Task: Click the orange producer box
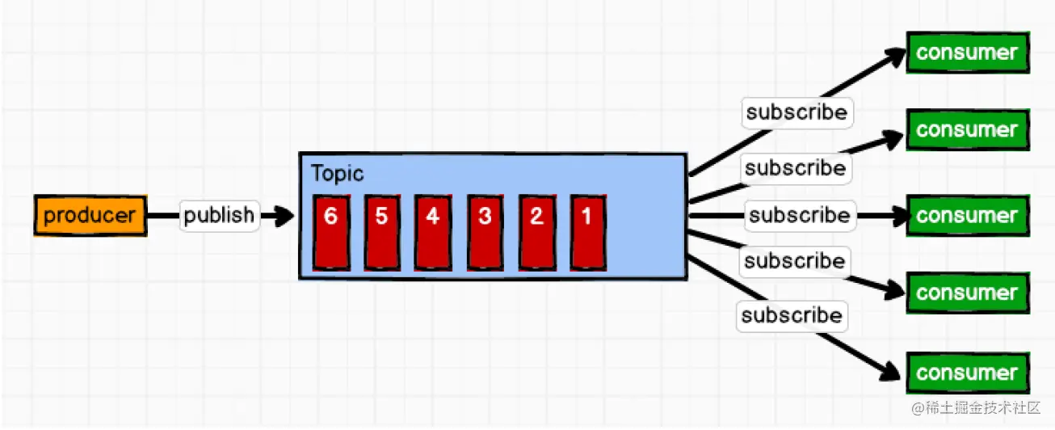[90, 216]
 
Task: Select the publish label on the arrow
[219, 216]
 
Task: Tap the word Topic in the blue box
[337, 174]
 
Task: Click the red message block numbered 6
[331, 231]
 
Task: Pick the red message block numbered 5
[382, 231]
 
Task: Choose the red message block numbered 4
[434, 231]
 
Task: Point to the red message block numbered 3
[485, 231]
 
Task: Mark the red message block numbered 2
[537, 231]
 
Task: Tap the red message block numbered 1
[588, 231]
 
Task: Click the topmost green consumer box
[967, 53]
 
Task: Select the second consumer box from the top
[967, 130]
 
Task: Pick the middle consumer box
[967, 216]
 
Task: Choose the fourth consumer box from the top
[967, 293]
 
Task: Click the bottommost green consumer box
[967, 373]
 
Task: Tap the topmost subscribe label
[796, 112]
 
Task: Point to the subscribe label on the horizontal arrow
[799, 216]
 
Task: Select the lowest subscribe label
[792, 315]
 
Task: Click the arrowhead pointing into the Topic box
[284, 216]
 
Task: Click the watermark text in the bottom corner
[977, 409]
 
